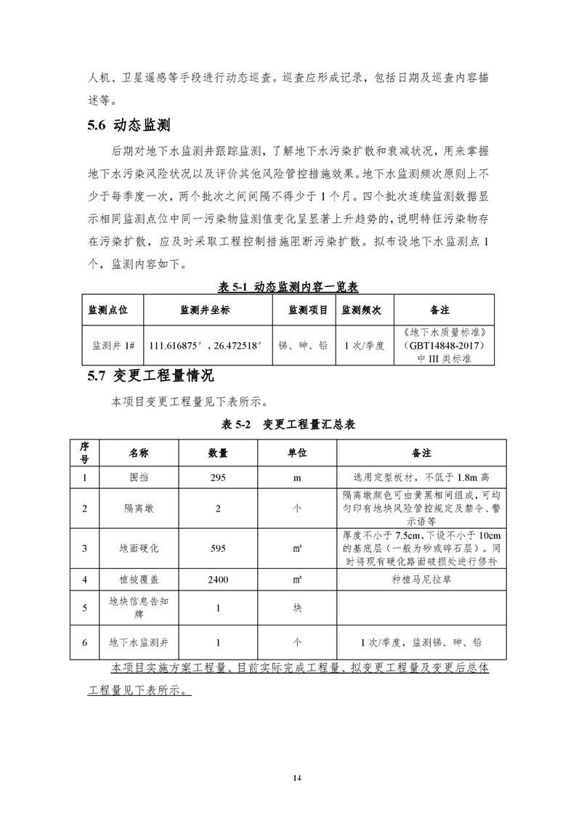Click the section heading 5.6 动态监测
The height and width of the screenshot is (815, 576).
pyautogui.click(x=128, y=125)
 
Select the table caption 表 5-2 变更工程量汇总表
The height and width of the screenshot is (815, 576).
pyautogui.click(x=288, y=424)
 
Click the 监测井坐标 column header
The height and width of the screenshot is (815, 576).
pyautogui.click(x=205, y=310)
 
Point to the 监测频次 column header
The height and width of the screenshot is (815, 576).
pyautogui.click(x=362, y=310)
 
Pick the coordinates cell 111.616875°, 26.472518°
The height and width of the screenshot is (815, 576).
pyautogui.click(x=205, y=346)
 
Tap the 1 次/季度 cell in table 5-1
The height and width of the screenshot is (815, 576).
pyautogui.click(x=362, y=346)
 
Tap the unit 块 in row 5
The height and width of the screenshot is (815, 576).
pyautogui.click(x=296, y=608)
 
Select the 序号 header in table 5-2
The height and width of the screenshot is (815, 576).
pyautogui.click(x=84, y=453)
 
